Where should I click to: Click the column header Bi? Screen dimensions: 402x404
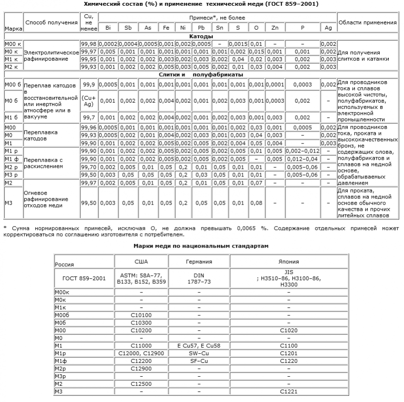pyautogui.click(x=108, y=28)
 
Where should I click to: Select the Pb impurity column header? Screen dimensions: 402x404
pyautogui.click(x=202, y=28)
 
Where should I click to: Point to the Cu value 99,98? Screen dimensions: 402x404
pyautogui.click(x=89, y=43)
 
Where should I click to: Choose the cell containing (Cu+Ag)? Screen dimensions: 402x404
pyautogui.click(x=89, y=101)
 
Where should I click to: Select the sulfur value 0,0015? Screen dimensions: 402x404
pyautogui.click(x=238, y=43)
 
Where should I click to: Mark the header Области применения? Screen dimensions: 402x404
pyautogui.click(x=367, y=22)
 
